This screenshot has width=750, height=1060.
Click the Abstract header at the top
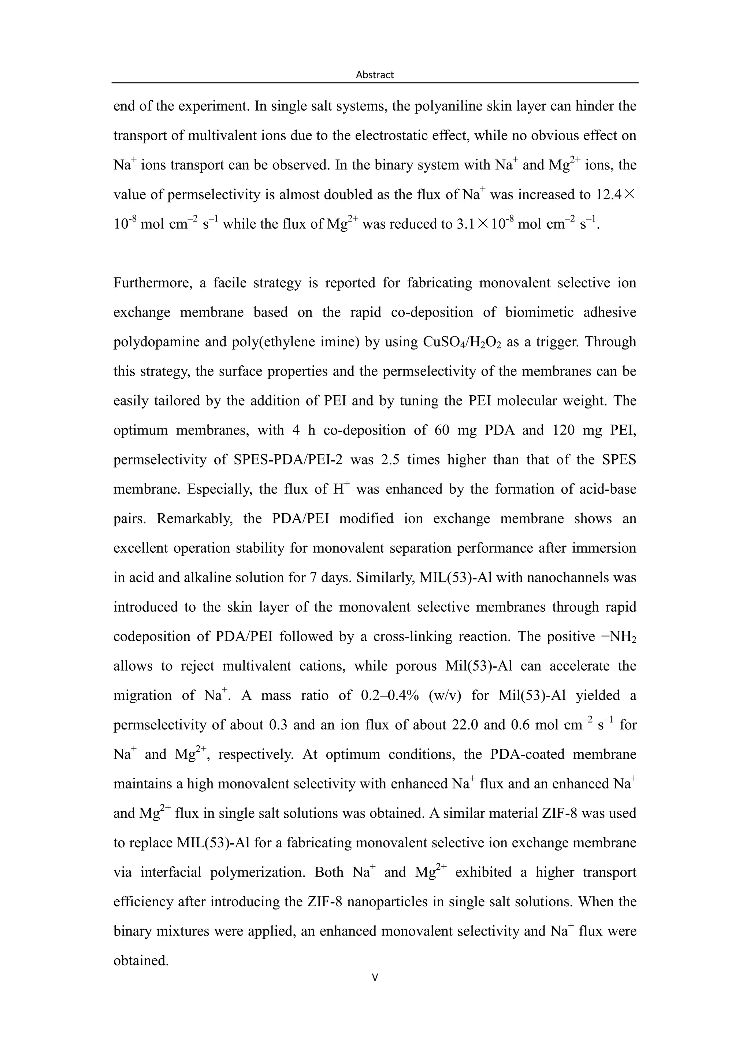(x=375, y=75)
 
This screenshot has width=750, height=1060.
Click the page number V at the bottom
(x=375, y=977)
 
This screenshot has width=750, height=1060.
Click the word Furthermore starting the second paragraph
(x=152, y=283)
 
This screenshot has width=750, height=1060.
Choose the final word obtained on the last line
(x=141, y=960)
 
